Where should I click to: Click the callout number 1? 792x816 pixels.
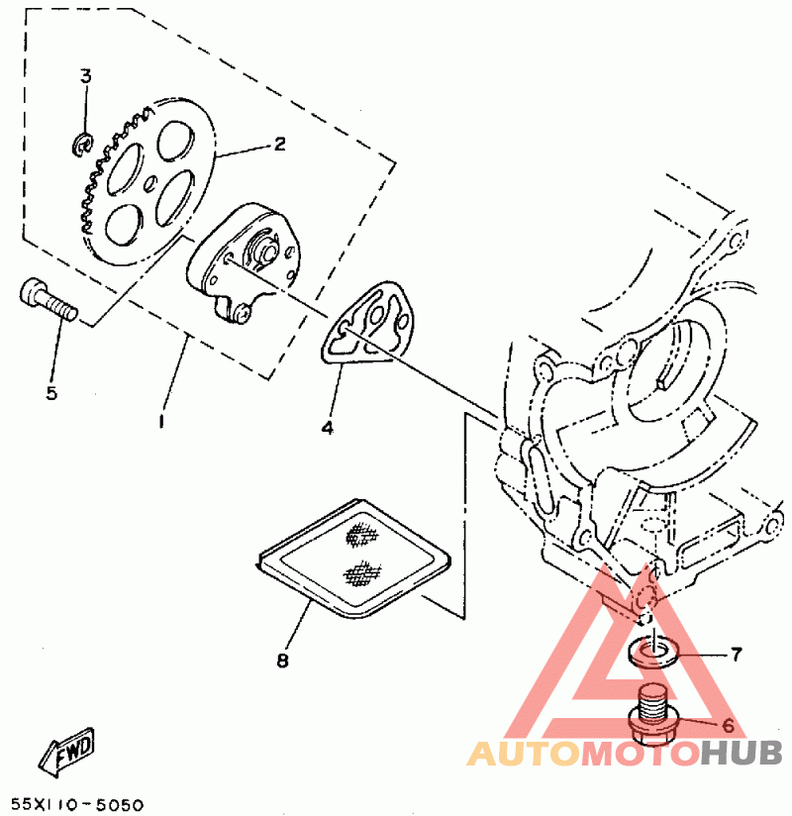[x=160, y=421]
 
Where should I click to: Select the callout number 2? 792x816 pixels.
[x=279, y=145]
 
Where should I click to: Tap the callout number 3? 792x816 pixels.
[x=85, y=76]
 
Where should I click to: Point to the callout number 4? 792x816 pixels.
[x=327, y=429]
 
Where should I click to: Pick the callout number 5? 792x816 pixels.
[x=50, y=393]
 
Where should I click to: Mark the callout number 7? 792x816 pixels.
[x=736, y=655]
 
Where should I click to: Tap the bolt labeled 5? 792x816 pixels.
[x=47, y=297]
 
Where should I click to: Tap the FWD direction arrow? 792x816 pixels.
[x=67, y=752]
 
